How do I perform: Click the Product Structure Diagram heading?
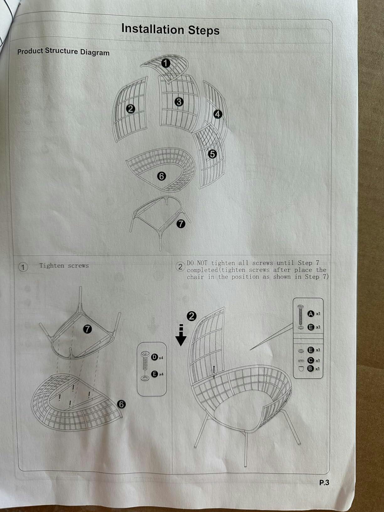[63, 51]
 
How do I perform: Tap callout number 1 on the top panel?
[166, 63]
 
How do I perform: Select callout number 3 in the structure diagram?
[179, 102]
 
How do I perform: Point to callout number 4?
[217, 114]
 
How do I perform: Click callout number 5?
[212, 154]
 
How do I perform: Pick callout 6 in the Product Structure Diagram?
[162, 176]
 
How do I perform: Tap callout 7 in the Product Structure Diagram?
[181, 224]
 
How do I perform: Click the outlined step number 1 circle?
[23, 267]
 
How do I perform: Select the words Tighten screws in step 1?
[64, 266]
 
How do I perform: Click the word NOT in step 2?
[202, 263]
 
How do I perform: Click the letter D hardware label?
[154, 357]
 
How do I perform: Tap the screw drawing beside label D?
[145, 360]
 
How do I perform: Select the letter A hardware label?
[311, 314]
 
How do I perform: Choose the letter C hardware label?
[310, 360]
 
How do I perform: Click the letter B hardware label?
[310, 369]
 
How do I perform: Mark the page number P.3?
[324, 483]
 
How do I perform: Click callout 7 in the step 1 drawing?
[88, 329]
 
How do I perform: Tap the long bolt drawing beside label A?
[301, 315]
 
